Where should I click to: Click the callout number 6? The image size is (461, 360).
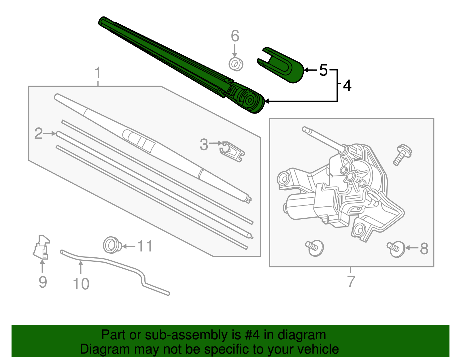coord(235,36)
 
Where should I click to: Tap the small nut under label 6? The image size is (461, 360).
coord(236,64)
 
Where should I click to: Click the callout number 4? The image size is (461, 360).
coord(347,86)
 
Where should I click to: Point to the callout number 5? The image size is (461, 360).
coord(323,70)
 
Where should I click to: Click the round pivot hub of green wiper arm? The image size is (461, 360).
coord(250,100)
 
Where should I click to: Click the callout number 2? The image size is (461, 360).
coord(38,134)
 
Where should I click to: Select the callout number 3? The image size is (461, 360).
coord(204,144)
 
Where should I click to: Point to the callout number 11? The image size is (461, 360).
coord(145,246)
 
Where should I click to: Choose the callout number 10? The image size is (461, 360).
coord(81,284)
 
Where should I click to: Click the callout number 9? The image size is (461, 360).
coord(43,282)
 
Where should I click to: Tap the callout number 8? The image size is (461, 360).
coord(424,249)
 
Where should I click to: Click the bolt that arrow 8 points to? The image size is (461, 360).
coord(396,249)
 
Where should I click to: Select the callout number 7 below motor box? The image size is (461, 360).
coord(351,282)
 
